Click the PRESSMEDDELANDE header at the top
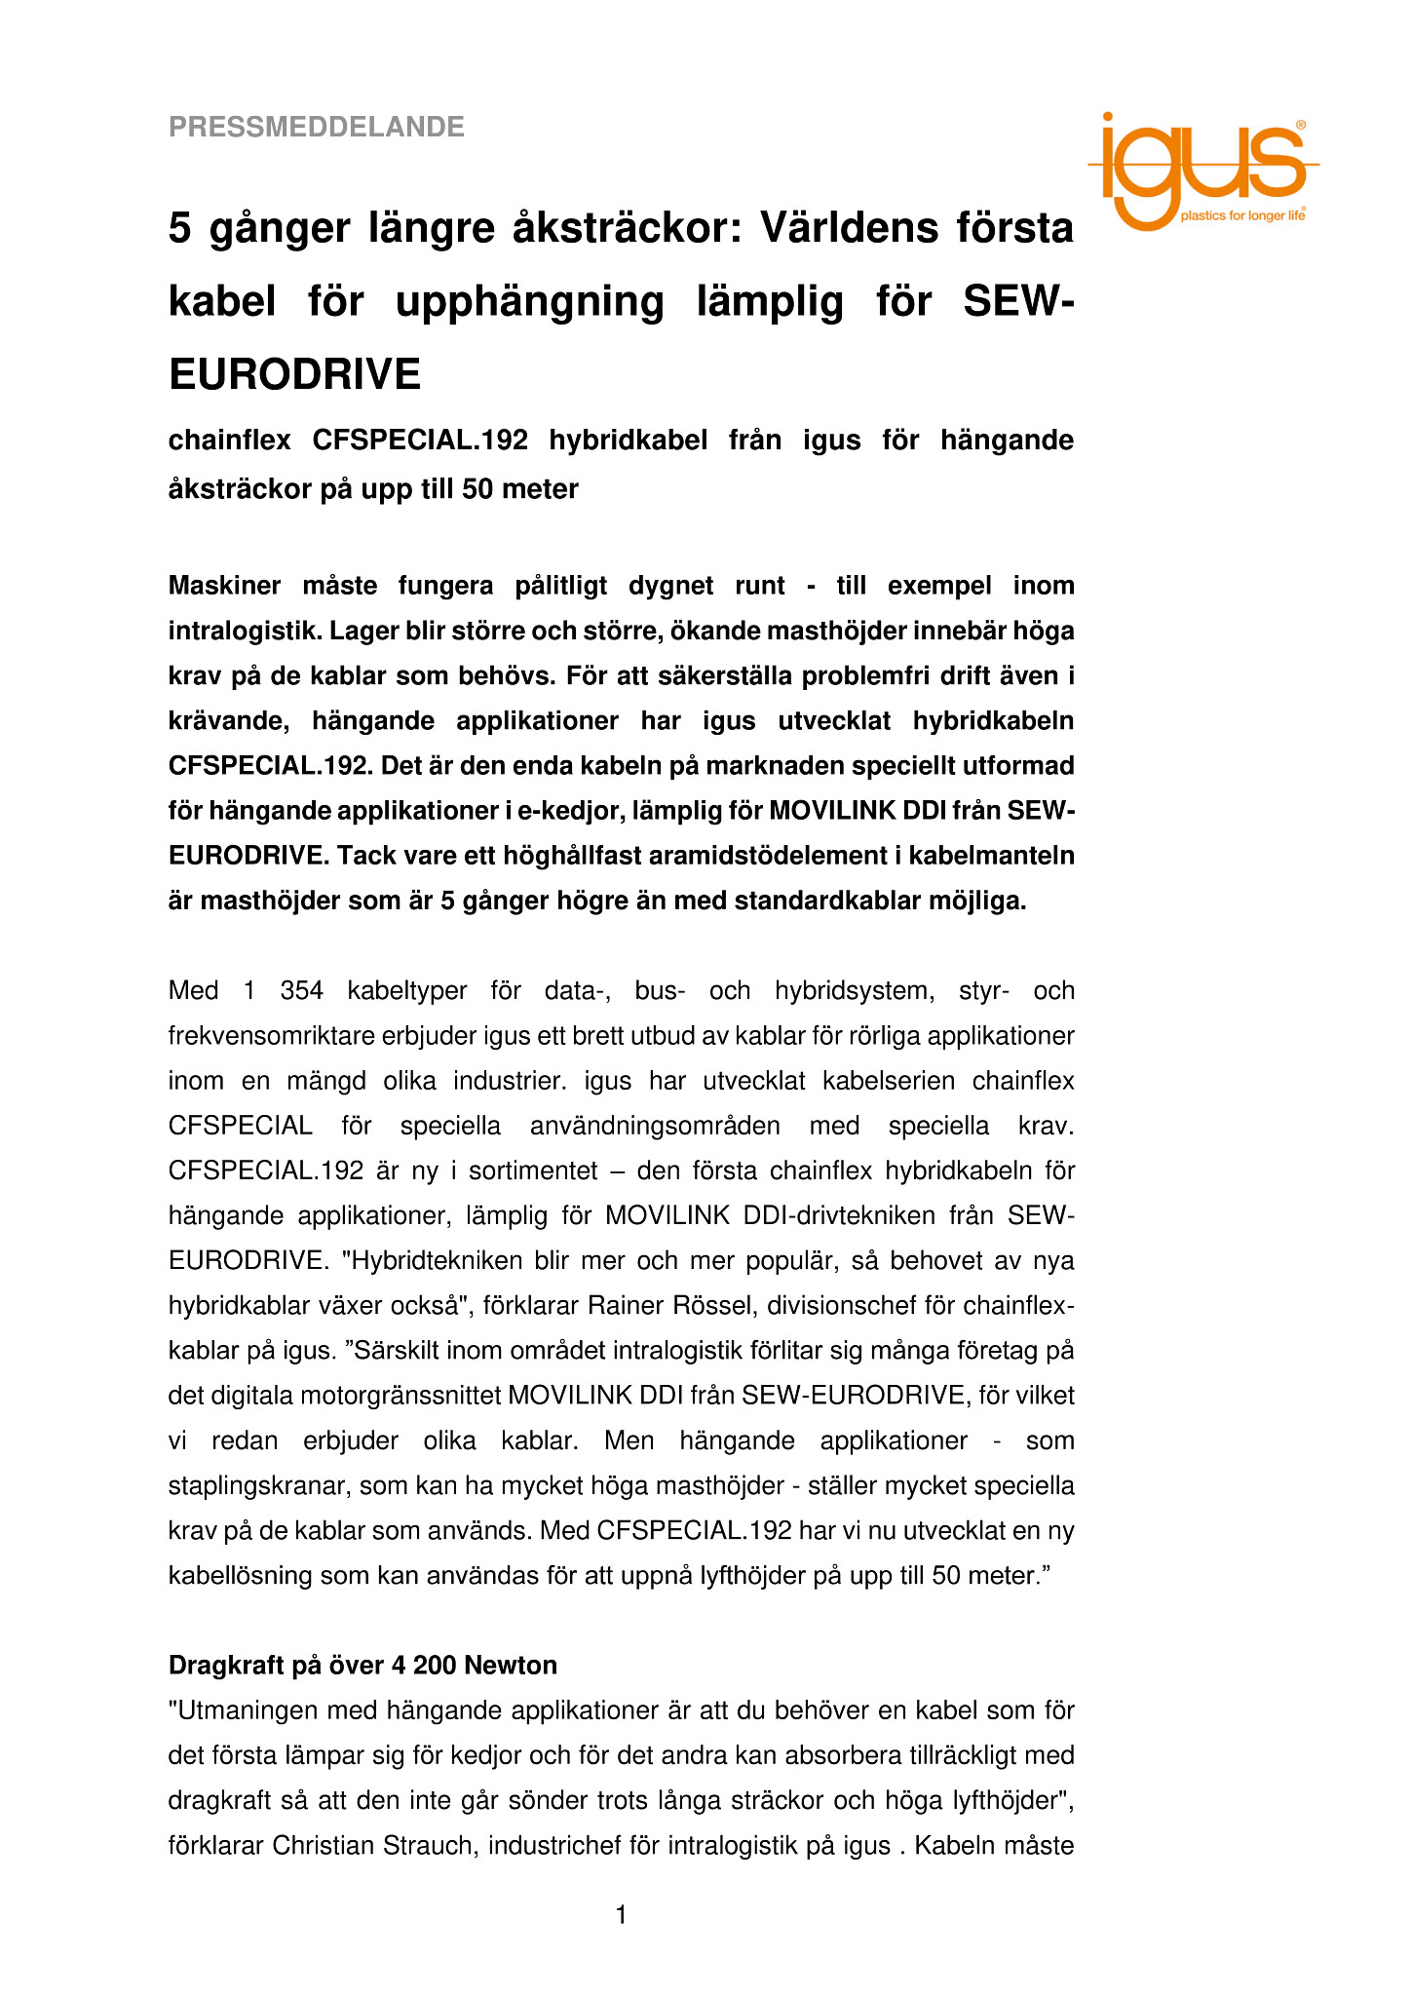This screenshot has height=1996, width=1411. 316,127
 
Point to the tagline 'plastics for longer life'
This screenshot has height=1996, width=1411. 1241,215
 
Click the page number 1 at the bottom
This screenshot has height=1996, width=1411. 621,1916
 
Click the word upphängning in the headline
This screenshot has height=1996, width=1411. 529,301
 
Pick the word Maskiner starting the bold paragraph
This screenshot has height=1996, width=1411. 224,586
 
